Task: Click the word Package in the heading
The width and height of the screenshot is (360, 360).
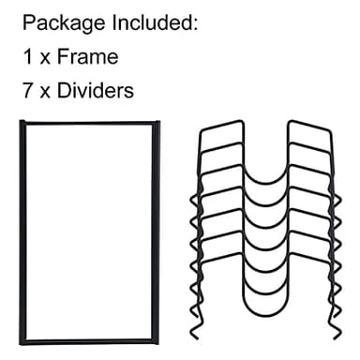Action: pyautogui.click(x=59, y=22)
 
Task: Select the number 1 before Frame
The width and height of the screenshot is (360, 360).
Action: pyautogui.click(x=27, y=57)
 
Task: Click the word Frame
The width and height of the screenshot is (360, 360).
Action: pyautogui.click(x=87, y=57)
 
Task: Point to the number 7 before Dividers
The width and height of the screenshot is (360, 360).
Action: pyautogui.click(x=27, y=92)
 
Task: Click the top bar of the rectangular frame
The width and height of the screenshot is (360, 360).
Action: pyautogui.click(x=90, y=123)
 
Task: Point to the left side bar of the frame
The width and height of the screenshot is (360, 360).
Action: pyautogui.click(x=22, y=230)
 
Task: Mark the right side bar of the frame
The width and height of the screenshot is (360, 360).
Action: pyautogui.click(x=157, y=230)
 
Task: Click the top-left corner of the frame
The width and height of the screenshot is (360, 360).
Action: pyautogui.click(x=22, y=123)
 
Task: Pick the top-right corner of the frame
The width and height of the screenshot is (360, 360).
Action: pyautogui.click(x=157, y=123)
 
